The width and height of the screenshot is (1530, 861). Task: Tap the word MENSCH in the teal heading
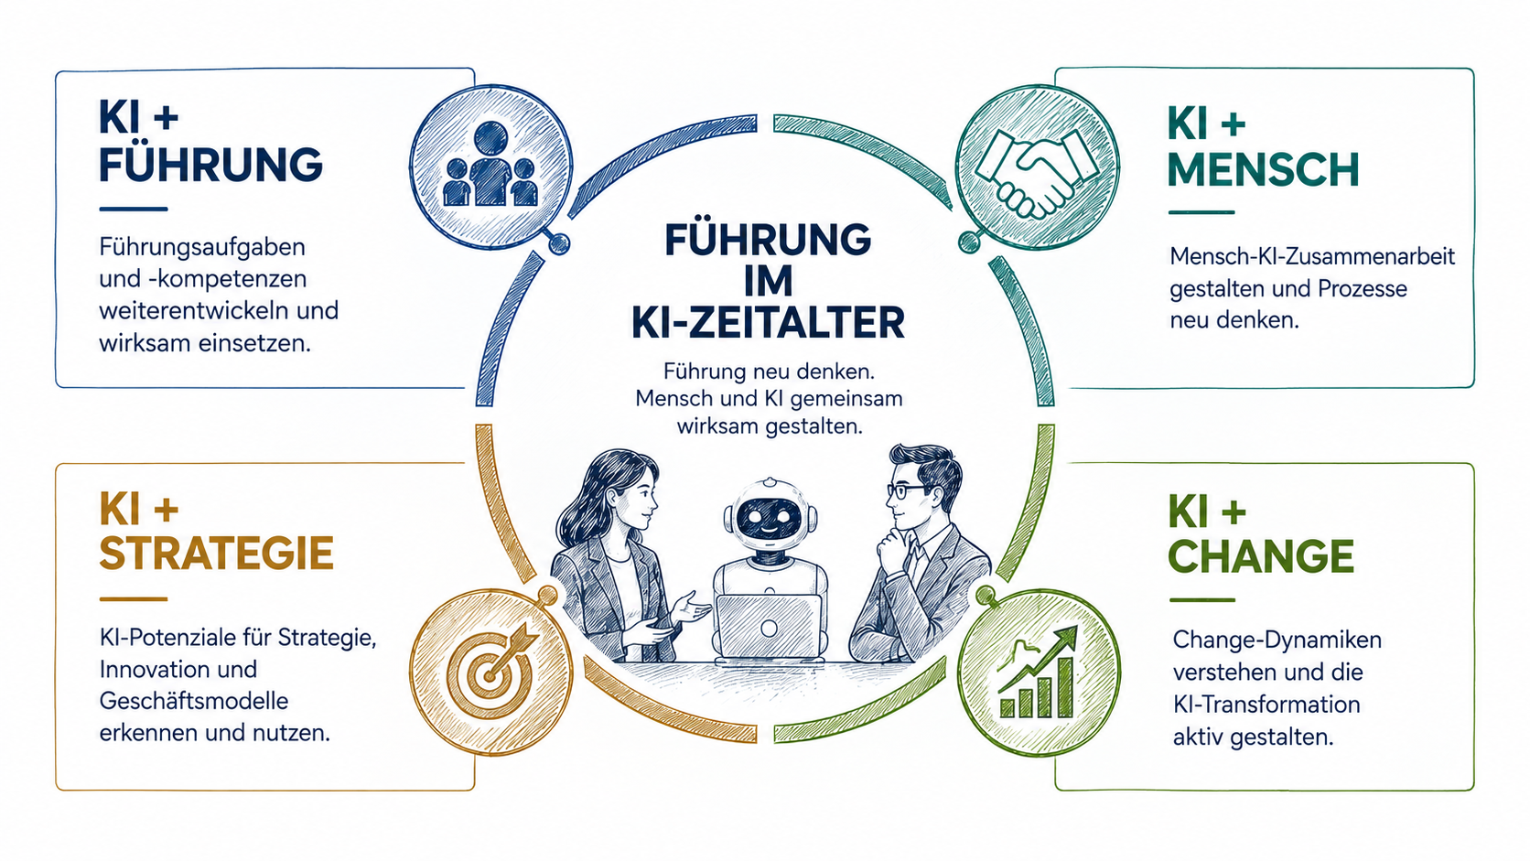click(1263, 169)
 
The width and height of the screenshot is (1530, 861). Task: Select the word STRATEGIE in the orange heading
click(216, 553)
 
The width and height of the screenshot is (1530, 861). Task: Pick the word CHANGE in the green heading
click(1261, 556)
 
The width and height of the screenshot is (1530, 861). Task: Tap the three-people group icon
click(490, 164)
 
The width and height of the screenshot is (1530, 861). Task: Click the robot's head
click(770, 515)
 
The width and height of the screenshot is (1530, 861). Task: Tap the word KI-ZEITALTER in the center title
click(769, 323)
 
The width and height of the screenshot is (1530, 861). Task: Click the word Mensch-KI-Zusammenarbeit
click(1312, 257)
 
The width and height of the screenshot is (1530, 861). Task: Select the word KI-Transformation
click(1266, 704)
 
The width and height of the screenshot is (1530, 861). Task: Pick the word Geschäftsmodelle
click(193, 701)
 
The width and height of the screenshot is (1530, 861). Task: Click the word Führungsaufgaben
click(202, 247)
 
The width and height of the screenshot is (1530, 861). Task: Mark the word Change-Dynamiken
click(1277, 640)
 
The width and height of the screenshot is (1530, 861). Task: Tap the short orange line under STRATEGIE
click(134, 598)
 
